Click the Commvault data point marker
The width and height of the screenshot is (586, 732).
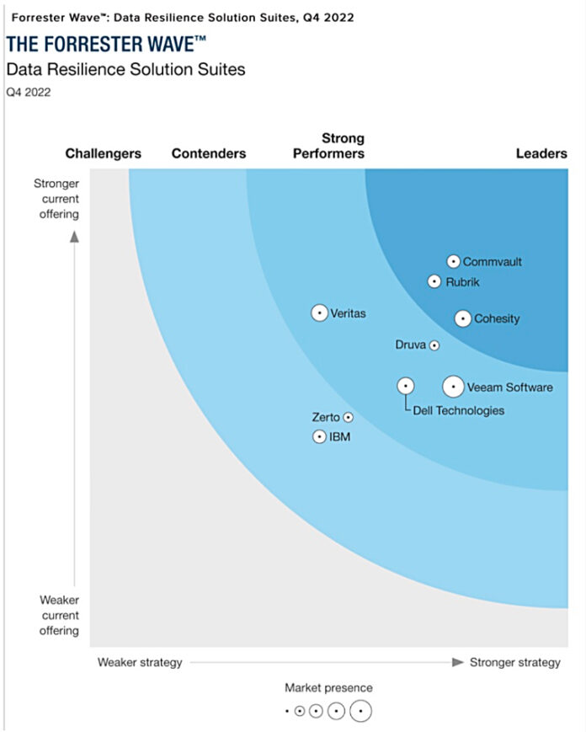click(453, 262)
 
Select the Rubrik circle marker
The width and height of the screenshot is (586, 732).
click(434, 282)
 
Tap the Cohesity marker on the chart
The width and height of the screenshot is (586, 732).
click(462, 318)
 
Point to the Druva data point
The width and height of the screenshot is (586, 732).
click(434, 345)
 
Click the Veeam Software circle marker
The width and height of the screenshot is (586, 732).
click(453, 387)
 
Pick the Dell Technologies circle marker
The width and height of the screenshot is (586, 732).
click(406, 386)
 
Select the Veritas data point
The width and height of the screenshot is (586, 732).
click(319, 313)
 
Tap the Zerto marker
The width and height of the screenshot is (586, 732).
click(348, 417)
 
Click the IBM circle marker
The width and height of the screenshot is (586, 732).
click(319, 436)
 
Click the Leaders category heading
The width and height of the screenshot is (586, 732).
click(541, 153)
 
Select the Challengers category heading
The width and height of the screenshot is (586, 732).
click(104, 153)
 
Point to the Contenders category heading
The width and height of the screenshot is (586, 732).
click(209, 153)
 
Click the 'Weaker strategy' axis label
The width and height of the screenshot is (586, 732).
click(140, 662)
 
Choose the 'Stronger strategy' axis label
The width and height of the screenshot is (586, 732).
click(514, 662)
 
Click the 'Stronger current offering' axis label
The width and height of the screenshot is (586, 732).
click(56, 199)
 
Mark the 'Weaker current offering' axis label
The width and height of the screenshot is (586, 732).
click(59, 615)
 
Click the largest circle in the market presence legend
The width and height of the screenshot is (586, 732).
click(361, 711)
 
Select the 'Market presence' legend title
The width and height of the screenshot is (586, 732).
click(328, 688)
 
